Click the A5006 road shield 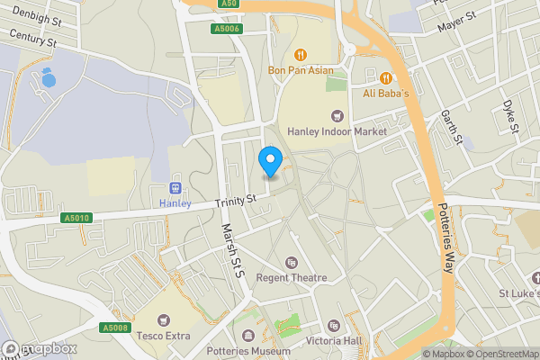pyautogui.click(x=228, y=29)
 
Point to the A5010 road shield pyautogui.click(x=76, y=218)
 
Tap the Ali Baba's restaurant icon pyautogui.click(x=385, y=77)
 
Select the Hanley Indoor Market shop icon pyautogui.click(x=337, y=115)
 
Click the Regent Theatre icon pyautogui.click(x=291, y=262)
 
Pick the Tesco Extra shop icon pyautogui.click(x=164, y=319)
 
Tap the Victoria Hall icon pyautogui.click(x=334, y=326)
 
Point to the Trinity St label pyautogui.click(x=237, y=202)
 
